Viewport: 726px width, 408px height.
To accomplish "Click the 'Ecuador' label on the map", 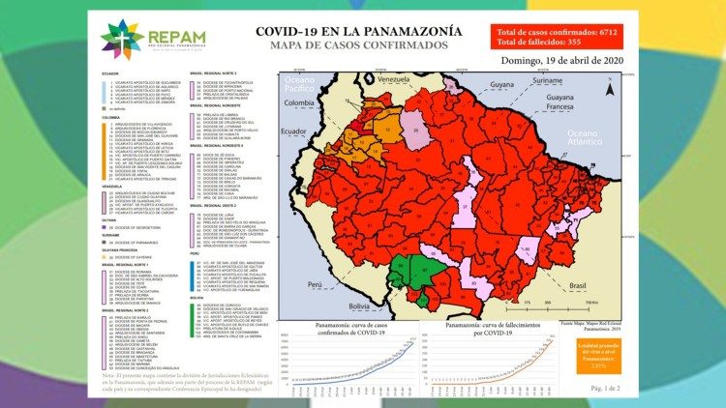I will pos(293,131).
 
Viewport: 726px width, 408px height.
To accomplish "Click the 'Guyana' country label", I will pos(500,85).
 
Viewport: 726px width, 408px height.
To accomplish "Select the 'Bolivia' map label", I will pos(360,306).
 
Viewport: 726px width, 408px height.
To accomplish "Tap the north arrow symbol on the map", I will pos(610,90).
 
